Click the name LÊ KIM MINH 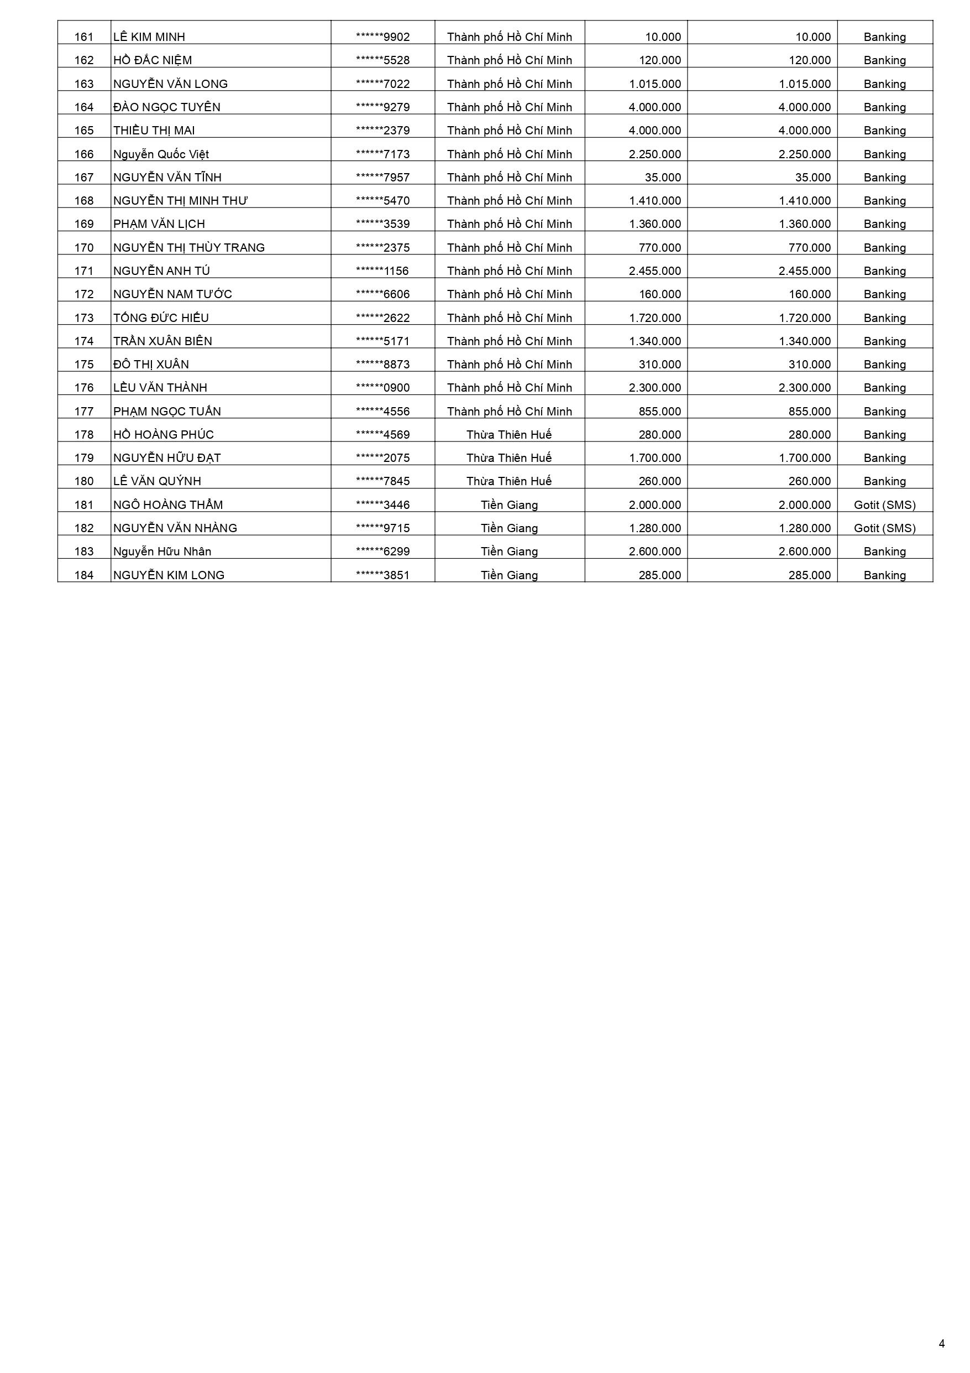149,37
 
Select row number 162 83,60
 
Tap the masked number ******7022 382,84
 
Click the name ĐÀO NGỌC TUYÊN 167,107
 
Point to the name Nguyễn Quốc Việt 161,154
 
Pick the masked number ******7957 382,178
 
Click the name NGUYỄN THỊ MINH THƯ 181,201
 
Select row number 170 83,248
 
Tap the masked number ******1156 382,271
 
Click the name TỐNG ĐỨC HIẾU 161,318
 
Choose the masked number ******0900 382,387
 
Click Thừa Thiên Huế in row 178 509,435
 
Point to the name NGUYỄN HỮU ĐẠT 167,458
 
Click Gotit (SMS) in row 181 884,505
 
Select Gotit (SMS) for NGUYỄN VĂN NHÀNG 884,528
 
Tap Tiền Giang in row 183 509,552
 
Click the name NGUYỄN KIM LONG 169,575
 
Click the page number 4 942,1344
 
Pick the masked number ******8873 382,364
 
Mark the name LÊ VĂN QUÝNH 157,481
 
